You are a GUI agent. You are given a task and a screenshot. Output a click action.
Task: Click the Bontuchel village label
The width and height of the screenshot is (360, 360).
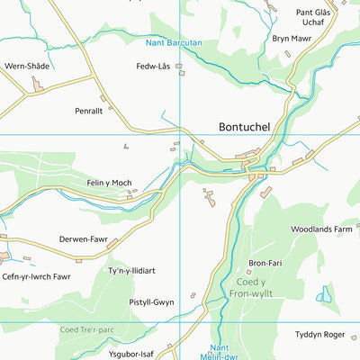click(252, 128)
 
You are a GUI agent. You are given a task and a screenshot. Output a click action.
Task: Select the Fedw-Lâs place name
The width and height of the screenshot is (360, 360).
click(153, 67)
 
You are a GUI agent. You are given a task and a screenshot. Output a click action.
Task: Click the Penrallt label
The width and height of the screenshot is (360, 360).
click(89, 111)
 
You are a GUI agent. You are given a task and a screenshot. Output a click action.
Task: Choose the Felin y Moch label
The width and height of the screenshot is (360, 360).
click(110, 183)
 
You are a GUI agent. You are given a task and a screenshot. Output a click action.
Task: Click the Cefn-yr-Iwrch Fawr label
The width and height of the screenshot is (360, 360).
click(36, 276)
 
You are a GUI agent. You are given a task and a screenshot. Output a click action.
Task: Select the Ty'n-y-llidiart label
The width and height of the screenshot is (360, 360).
click(132, 271)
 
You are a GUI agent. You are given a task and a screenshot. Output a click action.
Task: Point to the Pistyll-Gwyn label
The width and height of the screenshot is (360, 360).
click(151, 302)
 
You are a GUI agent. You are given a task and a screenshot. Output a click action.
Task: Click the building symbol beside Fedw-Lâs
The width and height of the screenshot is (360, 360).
click(178, 66)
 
